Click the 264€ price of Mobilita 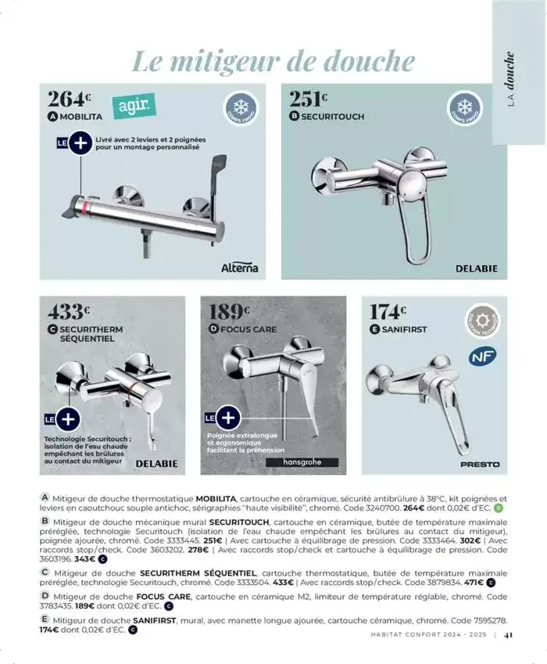pyautogui.click(x=70, y=99)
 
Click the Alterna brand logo pyautogui.click(x=239, y=268)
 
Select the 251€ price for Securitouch pyautogui.click(x=308, y=99)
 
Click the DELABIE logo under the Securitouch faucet pyautogui.click(x=476, y=268)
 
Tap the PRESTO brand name pyautogui.click(x=480, y=465)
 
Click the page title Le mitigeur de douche pyautogui.click(x=273, y=60)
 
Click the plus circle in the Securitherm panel pyautogui.click(x=67, y=418)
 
